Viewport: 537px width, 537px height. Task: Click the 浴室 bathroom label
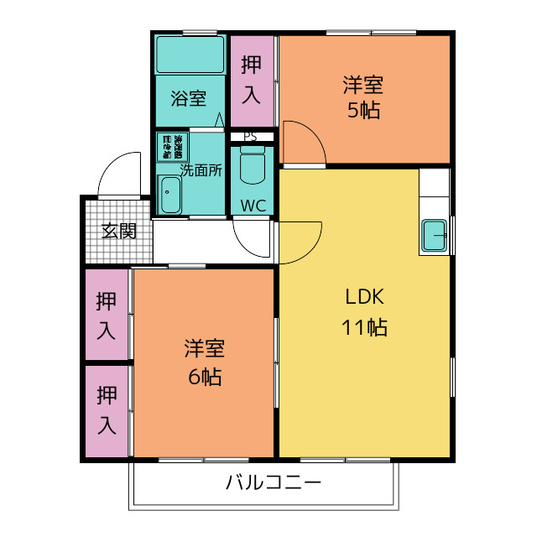coord(189,98)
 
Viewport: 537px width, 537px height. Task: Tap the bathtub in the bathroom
coord(190,55)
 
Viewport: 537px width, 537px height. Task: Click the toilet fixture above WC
coord(252,166)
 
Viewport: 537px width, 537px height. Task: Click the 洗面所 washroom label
coord(201,169)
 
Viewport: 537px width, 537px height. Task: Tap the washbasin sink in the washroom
coord(170,196)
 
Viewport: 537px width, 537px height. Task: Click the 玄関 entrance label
coord(118,231)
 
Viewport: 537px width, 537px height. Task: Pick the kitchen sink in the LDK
coord(434,235)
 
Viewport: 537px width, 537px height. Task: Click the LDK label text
coord(364,297)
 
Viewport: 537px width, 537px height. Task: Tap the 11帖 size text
coord(364,327)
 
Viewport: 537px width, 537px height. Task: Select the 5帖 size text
coord(363,110)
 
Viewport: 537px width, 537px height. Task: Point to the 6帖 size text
coord(204,377)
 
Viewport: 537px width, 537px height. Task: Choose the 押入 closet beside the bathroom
coord(252,80)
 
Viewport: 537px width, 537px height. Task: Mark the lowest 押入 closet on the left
coord(107,411)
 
